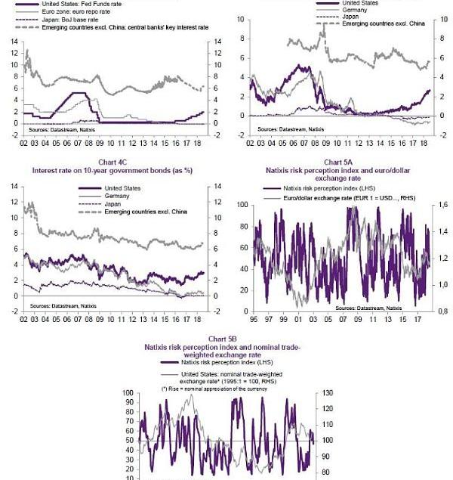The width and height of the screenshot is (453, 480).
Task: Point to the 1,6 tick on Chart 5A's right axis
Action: coord(442,206)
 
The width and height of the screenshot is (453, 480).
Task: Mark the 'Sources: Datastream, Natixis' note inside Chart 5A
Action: coord(368,308)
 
